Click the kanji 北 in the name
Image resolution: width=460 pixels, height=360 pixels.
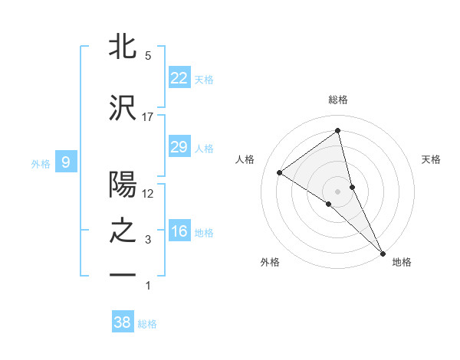pos(123,47)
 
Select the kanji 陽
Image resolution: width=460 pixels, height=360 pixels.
pos(123,185)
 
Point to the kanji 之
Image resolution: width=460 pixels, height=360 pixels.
pos(123,231)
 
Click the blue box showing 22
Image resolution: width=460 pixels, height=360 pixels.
pos(179,77)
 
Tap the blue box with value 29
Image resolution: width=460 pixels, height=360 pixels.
pos(179,147)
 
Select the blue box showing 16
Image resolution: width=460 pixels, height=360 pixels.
pos(179,231)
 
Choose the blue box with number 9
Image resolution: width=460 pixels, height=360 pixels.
pos(66,162)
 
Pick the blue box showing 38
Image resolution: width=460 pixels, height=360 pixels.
pos(122,322)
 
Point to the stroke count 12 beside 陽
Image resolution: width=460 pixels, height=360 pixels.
pos(148,194)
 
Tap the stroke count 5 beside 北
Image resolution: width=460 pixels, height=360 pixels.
pos(148,56)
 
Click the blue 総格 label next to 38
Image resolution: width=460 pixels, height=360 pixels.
pos(147,324)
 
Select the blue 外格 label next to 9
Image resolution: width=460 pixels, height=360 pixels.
pos(41,163)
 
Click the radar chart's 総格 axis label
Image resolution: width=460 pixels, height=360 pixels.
pos(337,100)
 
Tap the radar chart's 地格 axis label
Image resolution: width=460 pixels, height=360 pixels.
pos(402,262)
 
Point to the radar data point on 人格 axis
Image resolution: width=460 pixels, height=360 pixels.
pos(279,173)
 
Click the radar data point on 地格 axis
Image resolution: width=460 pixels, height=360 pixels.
pos(383,252)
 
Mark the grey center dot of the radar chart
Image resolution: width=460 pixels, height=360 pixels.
pos(337,190)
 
